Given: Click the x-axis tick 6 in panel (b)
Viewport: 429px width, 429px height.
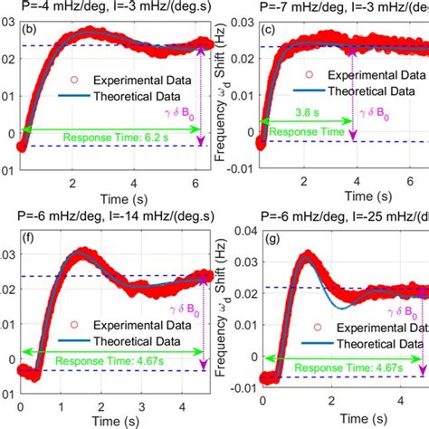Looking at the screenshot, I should click(196, 185).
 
